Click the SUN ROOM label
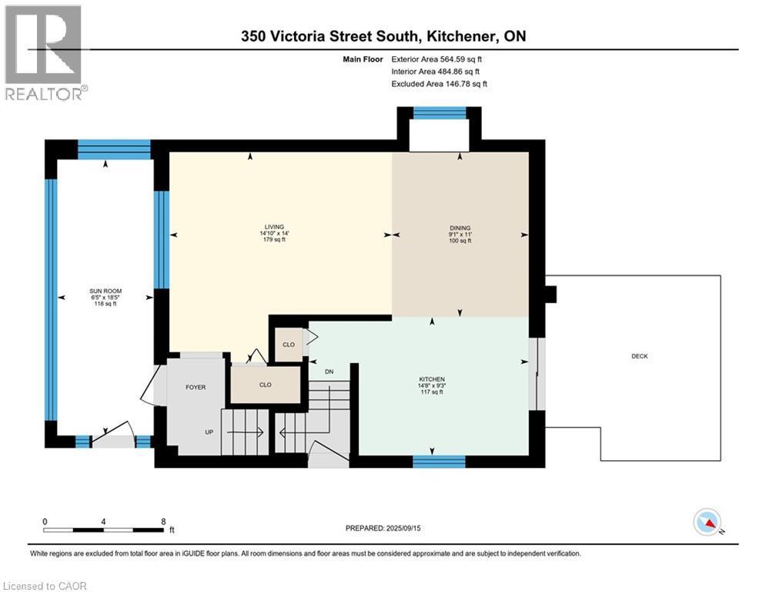pyautogui.click(x=105, y=291)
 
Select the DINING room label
pyautogui.click(x=460, y=227)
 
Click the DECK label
pyautogui.click(x=639, y=356)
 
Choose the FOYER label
pyautogui.click(x=196, y=387)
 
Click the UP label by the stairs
pyautogui.click(x=209, y=432)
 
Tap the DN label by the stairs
pyautogui.click(x=329, y=372)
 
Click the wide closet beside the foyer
pyautogui.click(x=266, y=384)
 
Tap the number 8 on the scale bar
pyautogui.click(x=163, y=521)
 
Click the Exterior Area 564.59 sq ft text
pyautogui.click(x=438, y=59)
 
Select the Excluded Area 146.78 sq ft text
pyautogui.click(x=439, y=84)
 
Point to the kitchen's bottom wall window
pyautogui.click(x=439, y=461)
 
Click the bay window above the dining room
pyautogui.click(x=440, y=113)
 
